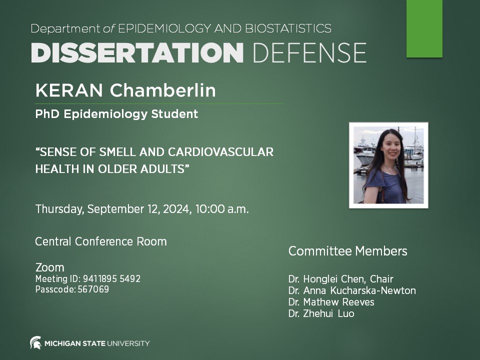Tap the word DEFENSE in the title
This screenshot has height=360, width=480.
[309, 52]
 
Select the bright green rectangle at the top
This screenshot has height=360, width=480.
[424, 28]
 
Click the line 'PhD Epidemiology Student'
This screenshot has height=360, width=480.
[116, 114]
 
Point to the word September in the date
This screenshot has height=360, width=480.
[112, 209]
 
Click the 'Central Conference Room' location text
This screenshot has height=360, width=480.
[100, 241]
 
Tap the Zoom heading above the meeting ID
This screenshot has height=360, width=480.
[49, 267]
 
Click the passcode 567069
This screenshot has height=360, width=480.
[93, 289]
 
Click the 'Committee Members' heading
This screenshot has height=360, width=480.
[347, 251]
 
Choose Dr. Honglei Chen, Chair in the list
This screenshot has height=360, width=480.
[340, 279]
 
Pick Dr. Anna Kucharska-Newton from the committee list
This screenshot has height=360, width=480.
[351, 290]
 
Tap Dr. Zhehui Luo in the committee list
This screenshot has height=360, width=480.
[321, 313]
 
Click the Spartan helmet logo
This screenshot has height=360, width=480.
[35, 343]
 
